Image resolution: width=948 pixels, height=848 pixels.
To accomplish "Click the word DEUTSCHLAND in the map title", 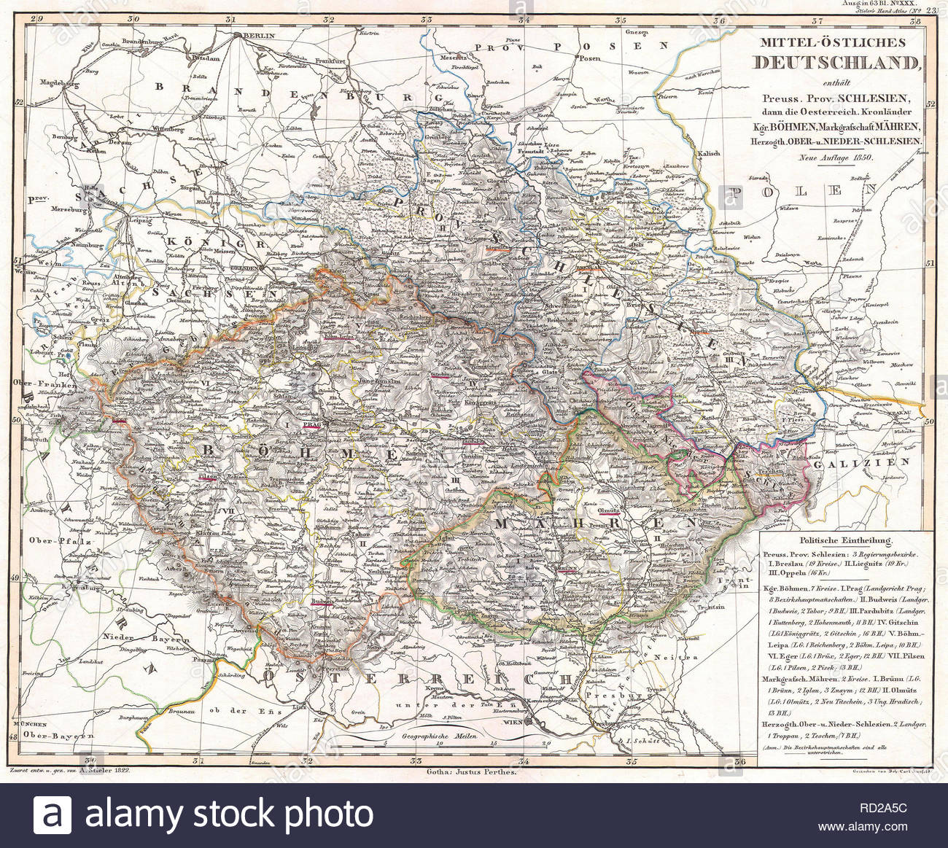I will tap(836, 63).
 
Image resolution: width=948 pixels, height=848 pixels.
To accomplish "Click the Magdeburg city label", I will tap(61, 83).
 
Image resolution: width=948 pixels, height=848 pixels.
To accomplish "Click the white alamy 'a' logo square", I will tap(53, 814).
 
